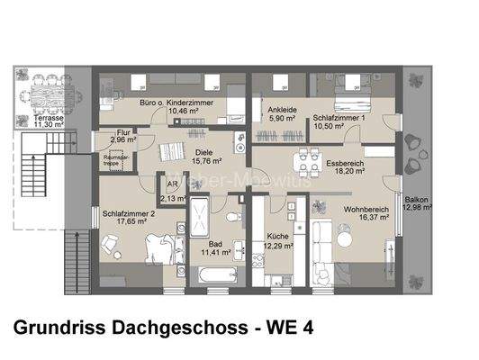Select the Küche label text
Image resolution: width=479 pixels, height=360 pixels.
[276, 236]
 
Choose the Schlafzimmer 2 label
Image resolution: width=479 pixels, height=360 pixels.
[130, 214]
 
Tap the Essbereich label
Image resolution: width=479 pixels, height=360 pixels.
[345, 163]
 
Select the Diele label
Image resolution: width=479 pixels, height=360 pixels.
[204, 152]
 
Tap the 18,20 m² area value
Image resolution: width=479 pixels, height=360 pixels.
[345, 171]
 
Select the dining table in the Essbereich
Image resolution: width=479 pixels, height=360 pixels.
[309, 162]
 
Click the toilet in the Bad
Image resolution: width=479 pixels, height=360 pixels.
[234, 219]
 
